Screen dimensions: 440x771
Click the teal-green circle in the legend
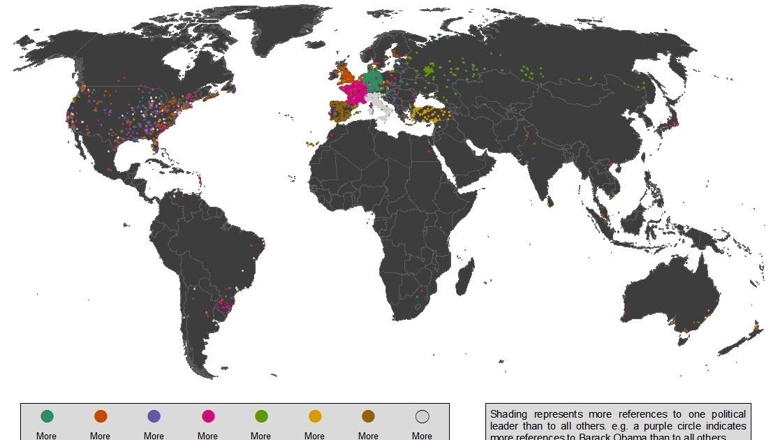(x=47, y=416)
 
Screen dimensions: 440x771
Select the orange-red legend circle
(x=101, y=416)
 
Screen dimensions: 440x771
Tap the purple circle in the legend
(x=154, y=416)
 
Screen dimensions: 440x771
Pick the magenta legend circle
(x=207, y=416)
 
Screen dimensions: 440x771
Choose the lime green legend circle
(x=261, y=416)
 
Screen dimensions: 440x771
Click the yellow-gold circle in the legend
(x=315, y=416)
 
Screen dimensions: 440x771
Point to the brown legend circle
(x=368, y=416)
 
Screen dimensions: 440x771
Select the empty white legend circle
(x=422, y=416)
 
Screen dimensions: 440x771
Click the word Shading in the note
(x=509, y=414)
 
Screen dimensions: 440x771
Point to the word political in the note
(x=724, y=414)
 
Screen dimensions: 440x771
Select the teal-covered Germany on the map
(x=374, y=80)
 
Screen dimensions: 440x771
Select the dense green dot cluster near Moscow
(x=429, y=70)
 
